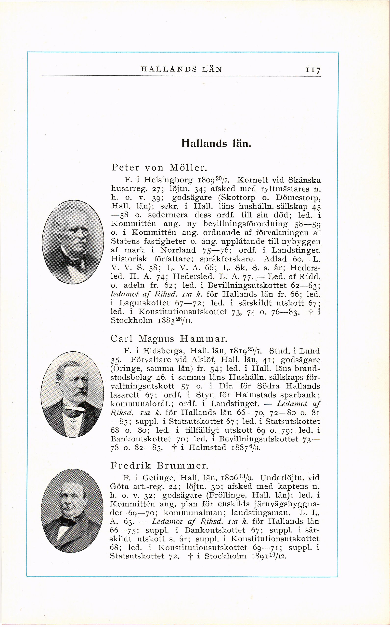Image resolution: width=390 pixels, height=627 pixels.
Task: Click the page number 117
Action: (313, 70)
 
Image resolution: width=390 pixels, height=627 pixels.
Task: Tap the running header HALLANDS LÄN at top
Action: (181, 69)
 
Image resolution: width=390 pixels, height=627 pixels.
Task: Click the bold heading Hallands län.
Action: (216, 143)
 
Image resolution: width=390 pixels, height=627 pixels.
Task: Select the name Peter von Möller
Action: (159, 168)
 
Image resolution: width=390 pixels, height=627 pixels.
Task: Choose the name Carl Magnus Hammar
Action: (169, 338)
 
